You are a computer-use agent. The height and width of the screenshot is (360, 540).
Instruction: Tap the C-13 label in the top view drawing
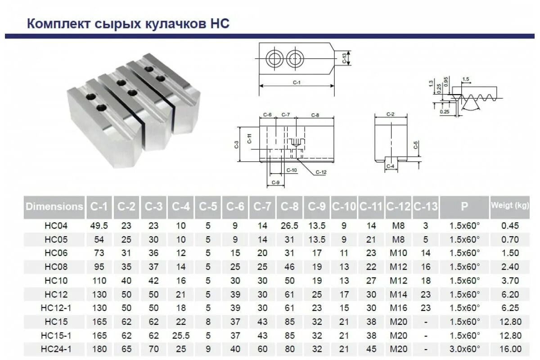344,58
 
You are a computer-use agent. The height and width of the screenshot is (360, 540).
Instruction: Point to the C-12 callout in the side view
321,172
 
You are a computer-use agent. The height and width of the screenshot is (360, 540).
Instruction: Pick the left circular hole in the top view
274,58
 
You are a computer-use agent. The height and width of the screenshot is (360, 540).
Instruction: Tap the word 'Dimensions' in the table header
54,207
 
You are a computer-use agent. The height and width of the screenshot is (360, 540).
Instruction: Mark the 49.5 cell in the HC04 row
99,226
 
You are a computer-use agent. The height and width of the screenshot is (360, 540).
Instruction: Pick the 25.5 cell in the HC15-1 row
181,336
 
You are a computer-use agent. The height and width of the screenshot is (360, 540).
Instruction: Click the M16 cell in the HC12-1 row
398,308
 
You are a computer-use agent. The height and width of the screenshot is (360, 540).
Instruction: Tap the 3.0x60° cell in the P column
464,349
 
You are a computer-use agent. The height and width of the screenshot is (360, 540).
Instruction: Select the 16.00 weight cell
510,349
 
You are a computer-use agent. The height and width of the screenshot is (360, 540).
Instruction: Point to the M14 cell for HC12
398,295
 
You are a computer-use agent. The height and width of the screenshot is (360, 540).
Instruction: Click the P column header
464,207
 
